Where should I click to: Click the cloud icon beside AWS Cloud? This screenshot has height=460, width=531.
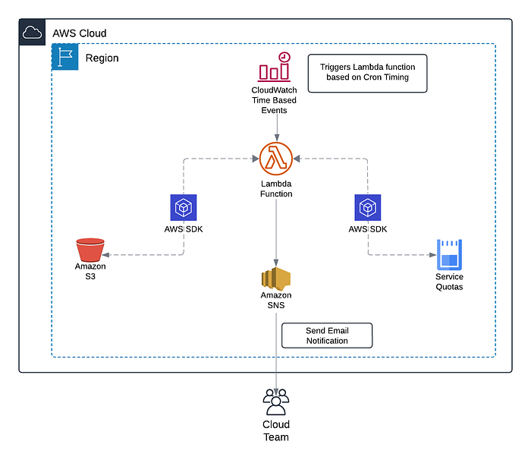coord(32,33)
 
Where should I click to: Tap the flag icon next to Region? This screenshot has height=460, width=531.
coord(64,57)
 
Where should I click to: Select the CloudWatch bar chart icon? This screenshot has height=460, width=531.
coord(274,68)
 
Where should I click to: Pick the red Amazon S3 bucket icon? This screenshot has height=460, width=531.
coord(90,250)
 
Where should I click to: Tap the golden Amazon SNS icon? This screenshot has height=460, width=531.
coord(275,278)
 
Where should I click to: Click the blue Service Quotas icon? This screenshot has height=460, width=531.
coord(449,255)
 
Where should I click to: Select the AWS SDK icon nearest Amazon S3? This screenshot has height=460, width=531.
coord(183,208)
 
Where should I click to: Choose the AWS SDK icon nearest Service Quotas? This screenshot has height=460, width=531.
coord(368,208)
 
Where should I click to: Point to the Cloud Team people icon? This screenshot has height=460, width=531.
coord(275,399)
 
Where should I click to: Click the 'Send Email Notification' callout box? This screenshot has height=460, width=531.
coord(327,336)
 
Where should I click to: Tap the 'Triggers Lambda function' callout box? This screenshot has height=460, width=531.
coord(367,73)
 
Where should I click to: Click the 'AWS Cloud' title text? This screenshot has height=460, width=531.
coord(79,33)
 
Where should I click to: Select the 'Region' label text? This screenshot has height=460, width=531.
coord(102,58)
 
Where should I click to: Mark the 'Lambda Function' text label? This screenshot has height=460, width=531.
coord(275,189)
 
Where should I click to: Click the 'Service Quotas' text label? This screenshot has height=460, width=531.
coord(449,282)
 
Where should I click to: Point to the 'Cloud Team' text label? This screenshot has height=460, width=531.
coord(275,430)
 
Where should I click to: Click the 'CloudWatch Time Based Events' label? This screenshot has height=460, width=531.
coord(274,100)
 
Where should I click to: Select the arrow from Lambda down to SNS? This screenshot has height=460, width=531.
coord(275,228)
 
